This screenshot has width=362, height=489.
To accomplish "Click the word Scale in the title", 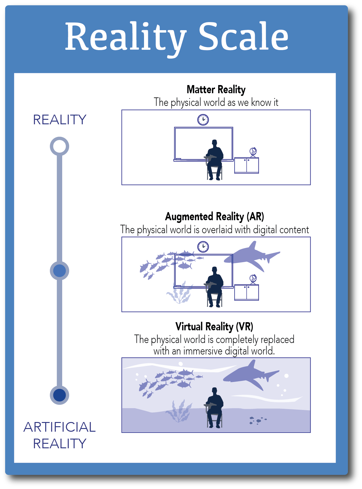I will click(243, 37).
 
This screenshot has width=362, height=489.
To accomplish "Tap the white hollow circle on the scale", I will click(59, 146).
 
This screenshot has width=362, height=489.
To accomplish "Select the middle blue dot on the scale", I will click(59, 271).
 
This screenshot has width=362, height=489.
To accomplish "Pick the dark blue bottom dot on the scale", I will click(59, 395).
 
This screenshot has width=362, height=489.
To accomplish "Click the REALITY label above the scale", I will click(59, 120).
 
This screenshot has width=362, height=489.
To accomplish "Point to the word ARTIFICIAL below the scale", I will click(59, 427).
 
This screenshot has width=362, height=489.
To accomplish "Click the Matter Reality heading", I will click(216, 90).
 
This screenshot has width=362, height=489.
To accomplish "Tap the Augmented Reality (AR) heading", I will click(214, 217).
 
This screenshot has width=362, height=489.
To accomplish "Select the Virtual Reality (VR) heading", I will click(214, 327).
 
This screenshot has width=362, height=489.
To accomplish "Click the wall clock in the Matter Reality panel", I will click(203, 119).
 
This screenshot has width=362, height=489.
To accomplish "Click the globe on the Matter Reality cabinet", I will click(253, 152).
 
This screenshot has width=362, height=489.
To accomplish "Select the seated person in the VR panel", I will click(215, 406).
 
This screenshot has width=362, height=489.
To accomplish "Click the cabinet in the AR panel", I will click(246, 292).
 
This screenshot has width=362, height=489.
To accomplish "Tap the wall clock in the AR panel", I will click(203, 247).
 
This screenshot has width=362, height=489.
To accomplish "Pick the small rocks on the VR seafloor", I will click(258, 420).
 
